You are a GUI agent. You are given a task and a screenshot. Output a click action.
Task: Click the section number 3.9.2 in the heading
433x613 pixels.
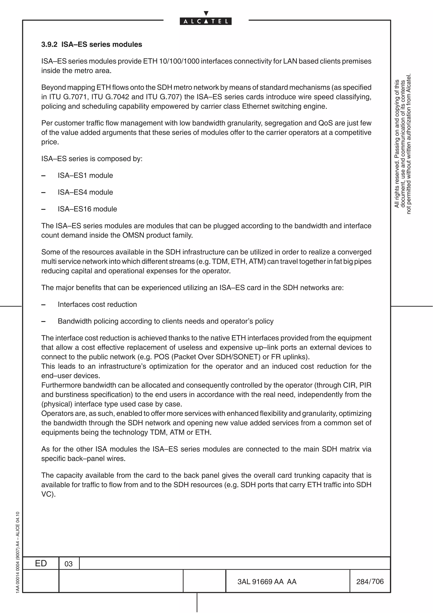coord(49,44)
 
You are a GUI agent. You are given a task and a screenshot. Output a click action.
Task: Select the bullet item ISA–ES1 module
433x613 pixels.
coord(85,175)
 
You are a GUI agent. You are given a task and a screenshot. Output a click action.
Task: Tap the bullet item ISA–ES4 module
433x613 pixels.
coord(85,192)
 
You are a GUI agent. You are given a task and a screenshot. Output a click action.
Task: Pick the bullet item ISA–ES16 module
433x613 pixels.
coord(87,209)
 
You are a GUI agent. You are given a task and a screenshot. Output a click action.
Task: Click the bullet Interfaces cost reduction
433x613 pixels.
coord(97,304)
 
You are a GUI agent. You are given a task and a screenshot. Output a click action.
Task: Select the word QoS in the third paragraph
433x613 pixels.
coord(325,123)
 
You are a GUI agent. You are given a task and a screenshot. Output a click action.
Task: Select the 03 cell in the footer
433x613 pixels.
coord(69,564)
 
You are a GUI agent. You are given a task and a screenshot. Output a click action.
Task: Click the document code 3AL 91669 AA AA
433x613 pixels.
coord(267,581)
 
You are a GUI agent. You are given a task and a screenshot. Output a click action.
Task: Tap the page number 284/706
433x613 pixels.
coord(370,581)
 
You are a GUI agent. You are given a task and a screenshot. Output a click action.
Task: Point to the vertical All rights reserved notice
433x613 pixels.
coord(403,144)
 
